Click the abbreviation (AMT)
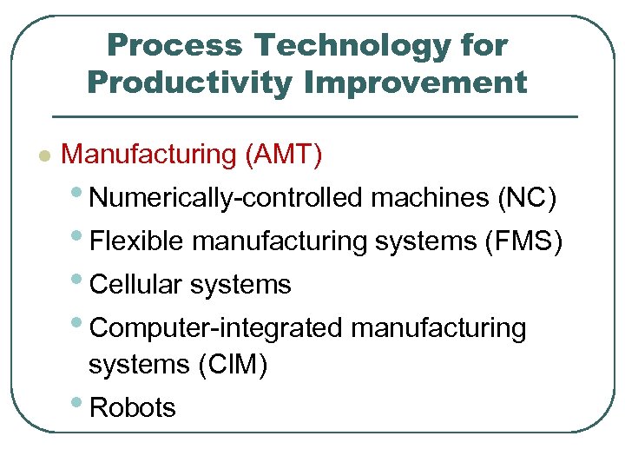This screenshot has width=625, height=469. [284, 155]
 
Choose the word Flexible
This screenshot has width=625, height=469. [137, 241]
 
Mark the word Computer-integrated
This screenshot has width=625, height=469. [216, 328]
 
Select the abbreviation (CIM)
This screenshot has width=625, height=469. [233, 366]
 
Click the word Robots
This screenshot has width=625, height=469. [132, 407]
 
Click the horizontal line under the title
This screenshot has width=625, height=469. [315, 116]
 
